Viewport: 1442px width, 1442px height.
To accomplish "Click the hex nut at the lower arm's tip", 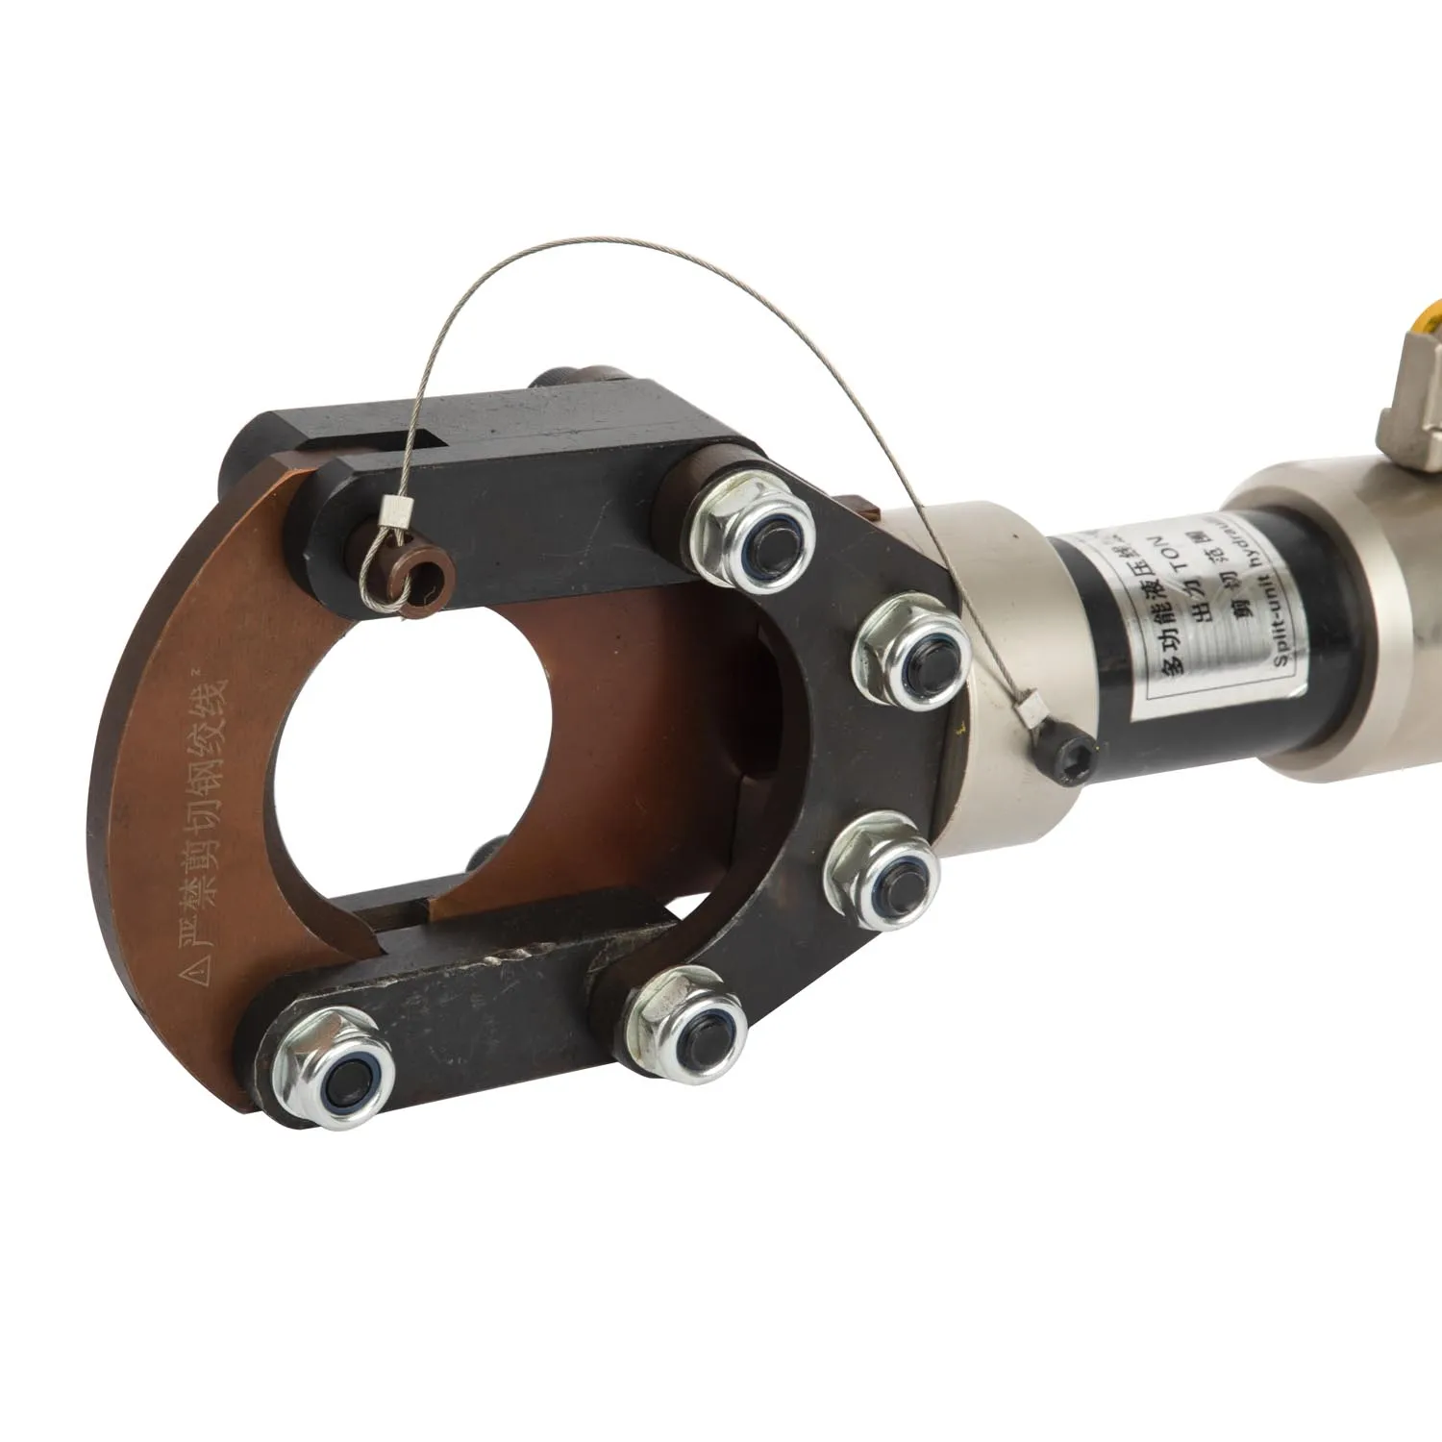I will click(x=333, y=1063).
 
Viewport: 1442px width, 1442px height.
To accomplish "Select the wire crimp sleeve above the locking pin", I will click(x=394, y=512).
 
